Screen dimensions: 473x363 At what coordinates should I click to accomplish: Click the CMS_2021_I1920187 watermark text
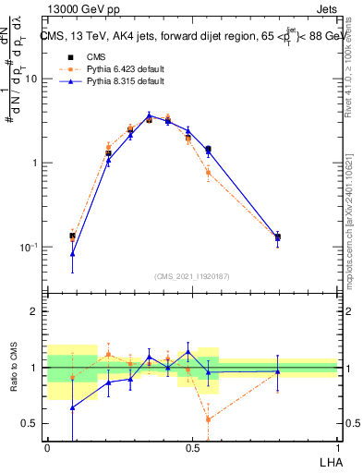click(x=192, y=276)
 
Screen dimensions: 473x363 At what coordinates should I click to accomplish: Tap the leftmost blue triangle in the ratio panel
click(x=73, y=407)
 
